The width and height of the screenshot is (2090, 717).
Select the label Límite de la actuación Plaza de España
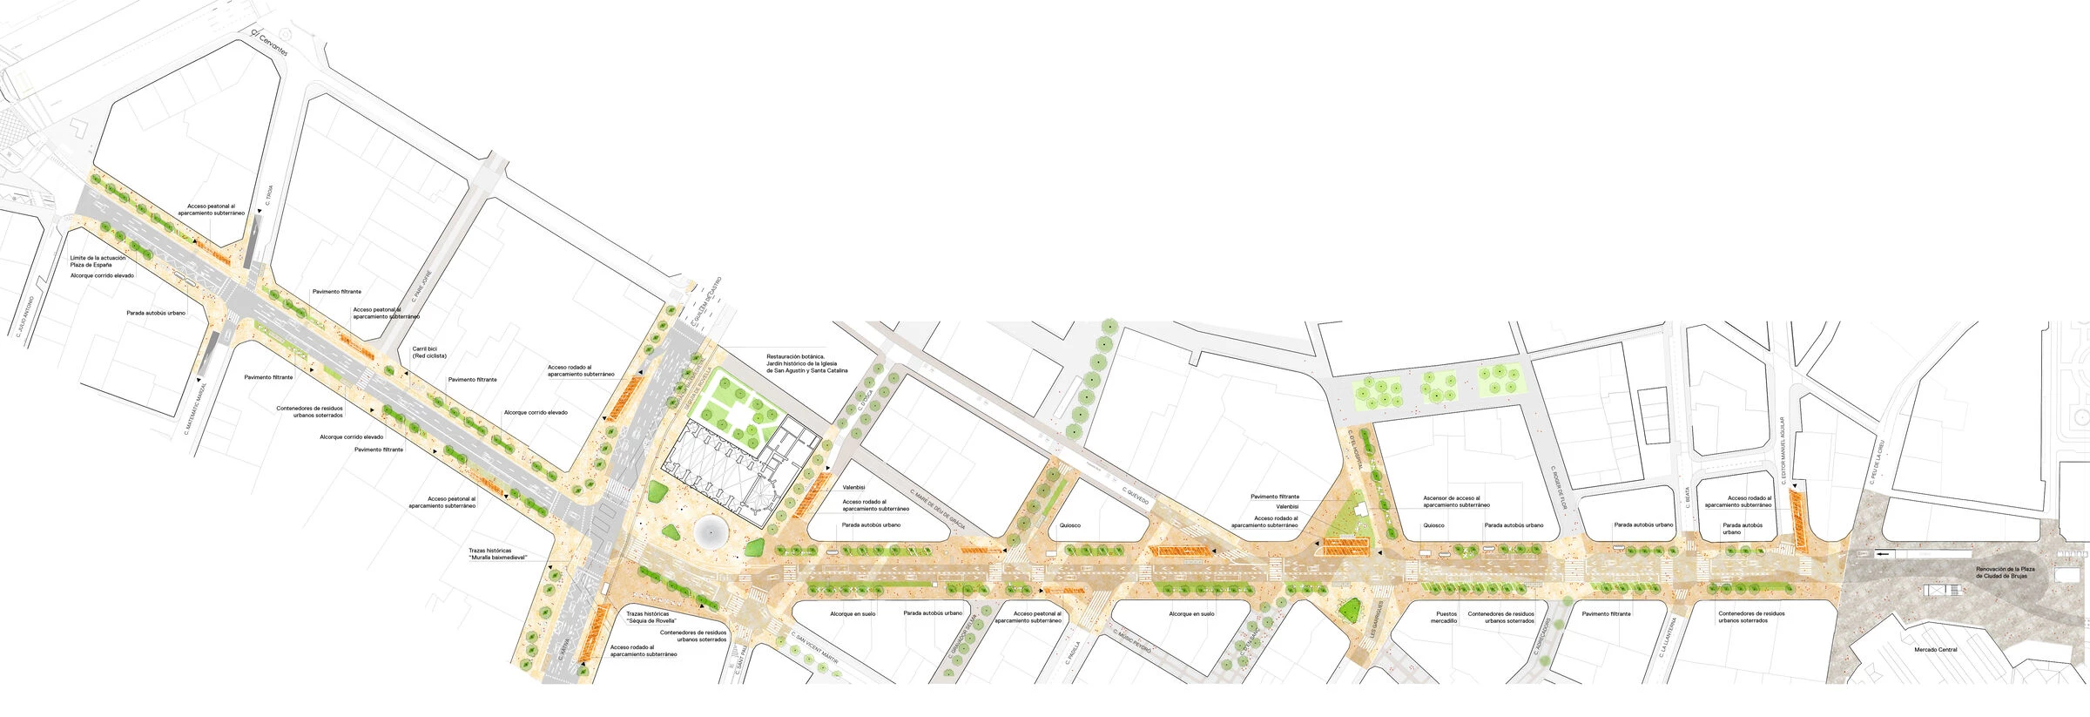(x=98, y=260)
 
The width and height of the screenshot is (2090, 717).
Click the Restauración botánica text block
(x=806, y=363)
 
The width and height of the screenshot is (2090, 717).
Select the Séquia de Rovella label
(x=651, y=617)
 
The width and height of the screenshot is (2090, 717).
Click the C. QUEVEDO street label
(x=1136, y=497)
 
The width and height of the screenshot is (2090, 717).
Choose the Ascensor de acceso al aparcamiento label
(x=1456, y=501)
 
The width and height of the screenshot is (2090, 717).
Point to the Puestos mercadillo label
(x=1444, y=617)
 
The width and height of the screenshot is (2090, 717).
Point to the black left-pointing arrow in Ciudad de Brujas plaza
(x=1883, y=553)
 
